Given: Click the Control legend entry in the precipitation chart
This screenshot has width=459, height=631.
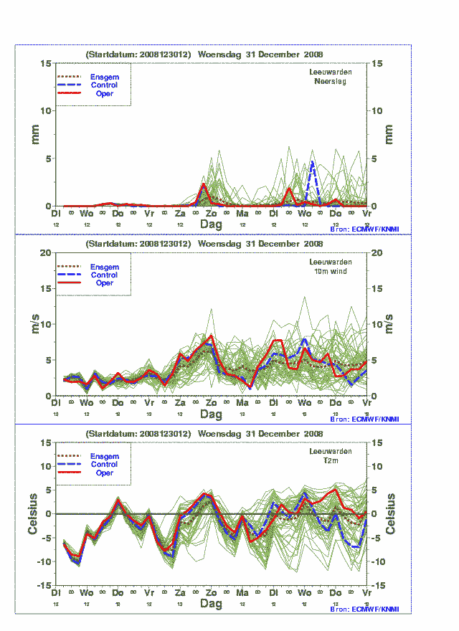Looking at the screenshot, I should click(104, 85).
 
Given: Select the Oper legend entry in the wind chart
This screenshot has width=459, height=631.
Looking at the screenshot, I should click(104, 283).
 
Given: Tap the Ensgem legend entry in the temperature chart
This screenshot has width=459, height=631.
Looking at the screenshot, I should click(104, 456).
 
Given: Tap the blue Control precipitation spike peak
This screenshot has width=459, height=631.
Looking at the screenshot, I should click(312, 162).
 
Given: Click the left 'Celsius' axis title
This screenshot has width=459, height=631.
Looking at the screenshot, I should click(33, 513).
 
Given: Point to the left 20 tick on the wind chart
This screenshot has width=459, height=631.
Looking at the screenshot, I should click(45, 253).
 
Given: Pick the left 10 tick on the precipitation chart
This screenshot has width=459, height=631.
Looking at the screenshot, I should click(45, 110).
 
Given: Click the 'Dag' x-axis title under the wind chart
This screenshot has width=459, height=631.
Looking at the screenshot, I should click(211, 414).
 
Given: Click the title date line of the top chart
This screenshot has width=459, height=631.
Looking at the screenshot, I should click(204, 54).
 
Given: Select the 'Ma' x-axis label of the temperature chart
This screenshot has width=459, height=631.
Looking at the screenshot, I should click(242, 593).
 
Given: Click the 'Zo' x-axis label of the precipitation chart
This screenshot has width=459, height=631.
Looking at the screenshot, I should click(211, 214).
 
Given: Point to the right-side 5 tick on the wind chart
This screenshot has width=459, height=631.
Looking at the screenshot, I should click(377, 360).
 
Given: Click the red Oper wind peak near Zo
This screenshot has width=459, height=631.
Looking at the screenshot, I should click(211, 336).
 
